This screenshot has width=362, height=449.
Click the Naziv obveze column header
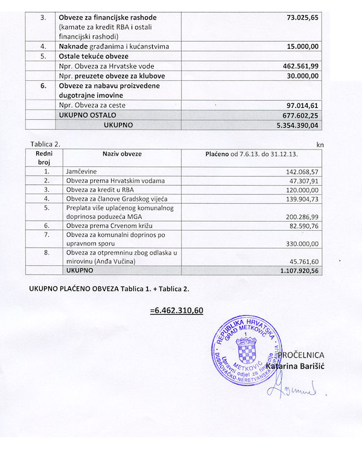[x=122, y=154]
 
